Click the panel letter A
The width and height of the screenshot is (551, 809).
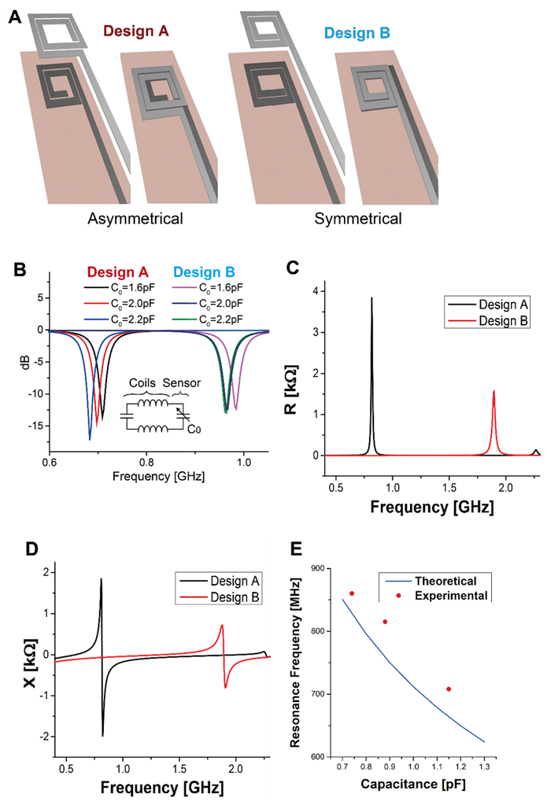tap(15, 13)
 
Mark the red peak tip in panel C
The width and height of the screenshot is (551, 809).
tap(494, 390)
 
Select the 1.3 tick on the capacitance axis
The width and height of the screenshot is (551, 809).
tap(483, 766)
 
